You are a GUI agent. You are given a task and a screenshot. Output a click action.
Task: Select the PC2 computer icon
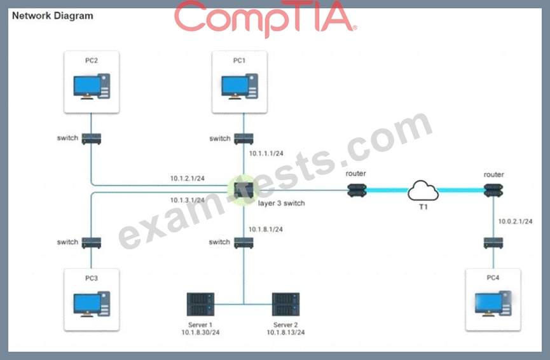pos(92,87)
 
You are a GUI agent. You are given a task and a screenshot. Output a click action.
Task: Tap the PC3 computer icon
pos(92,303)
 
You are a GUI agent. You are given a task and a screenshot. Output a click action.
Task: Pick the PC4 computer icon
pos(493,303)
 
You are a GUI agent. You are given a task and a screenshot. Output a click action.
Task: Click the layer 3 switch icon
pos(242,189)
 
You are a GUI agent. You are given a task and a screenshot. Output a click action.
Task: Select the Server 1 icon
pos(200,304)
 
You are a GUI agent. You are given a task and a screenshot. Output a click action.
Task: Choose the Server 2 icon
pos(285,304)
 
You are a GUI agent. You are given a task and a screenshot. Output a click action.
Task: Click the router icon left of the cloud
pos(357,190)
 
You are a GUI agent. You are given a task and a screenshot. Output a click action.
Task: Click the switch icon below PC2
pos(92,138)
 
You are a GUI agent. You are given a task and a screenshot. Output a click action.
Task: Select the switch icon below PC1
pos(242,138)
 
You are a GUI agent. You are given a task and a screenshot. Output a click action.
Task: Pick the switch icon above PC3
pos(92,242)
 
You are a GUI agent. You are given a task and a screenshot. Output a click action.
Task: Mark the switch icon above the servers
pos(242,242)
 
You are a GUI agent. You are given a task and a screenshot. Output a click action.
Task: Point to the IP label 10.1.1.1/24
pos(266,153)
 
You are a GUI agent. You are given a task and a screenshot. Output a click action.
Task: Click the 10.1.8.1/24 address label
pos(266,229)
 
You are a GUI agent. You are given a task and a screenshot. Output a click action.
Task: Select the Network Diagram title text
pos(52,16)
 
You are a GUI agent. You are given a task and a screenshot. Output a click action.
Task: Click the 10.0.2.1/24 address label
pos(515,221)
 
